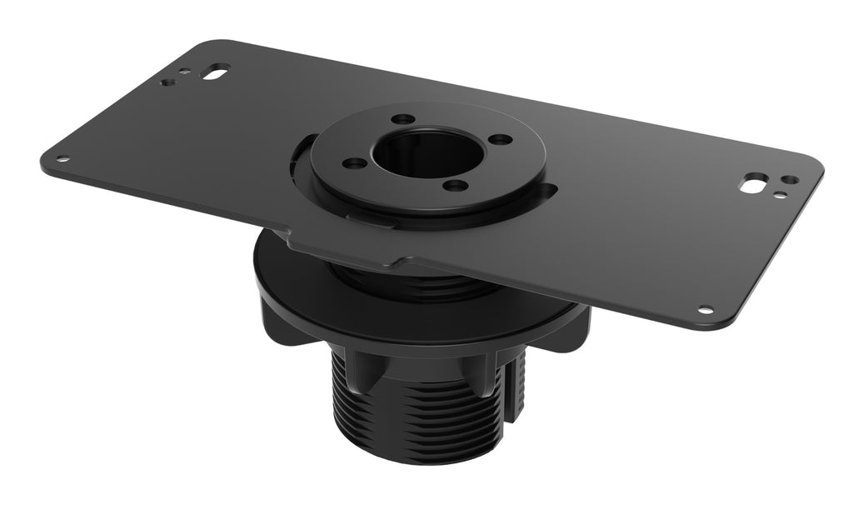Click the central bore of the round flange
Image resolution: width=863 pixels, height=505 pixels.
[426, 152]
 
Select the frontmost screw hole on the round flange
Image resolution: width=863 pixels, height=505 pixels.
[454, 185]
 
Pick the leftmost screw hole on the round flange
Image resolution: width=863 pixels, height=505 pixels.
[355, 162]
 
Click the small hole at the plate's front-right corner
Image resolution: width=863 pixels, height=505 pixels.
[706, 310]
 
